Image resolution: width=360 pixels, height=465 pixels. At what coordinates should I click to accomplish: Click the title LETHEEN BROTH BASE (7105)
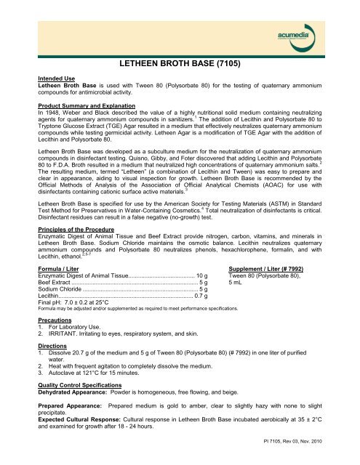[x=180, y=64]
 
